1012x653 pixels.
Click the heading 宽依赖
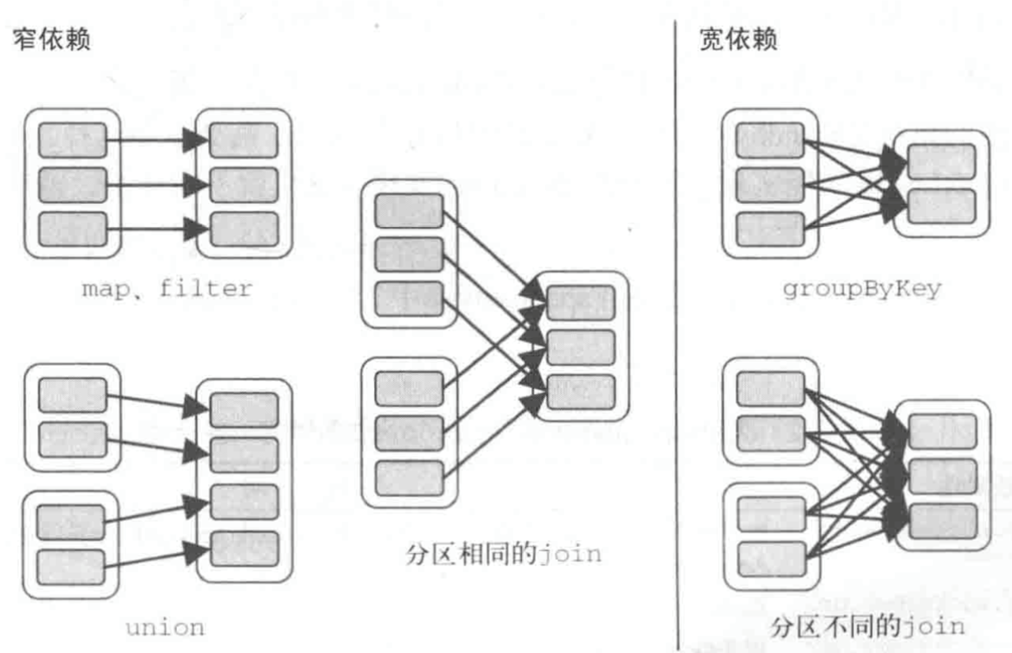tap(738, 40)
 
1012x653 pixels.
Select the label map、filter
tap(167, 289)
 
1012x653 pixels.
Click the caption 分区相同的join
tap(504, 553)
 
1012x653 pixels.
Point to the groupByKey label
tap(862, 289)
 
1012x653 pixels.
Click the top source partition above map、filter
tap(72, 141)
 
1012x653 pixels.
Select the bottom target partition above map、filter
tap(244, 229)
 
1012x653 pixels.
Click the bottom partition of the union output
tap(244, 548)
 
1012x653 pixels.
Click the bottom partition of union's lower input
tap(71, 567)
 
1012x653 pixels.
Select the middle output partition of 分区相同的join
tap(580, 347)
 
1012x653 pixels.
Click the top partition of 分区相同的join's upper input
tap(409, 210)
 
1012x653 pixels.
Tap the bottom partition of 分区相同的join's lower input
tap(409, 477)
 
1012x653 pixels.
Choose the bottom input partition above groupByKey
tap(770, 229)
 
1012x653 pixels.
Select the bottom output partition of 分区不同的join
tap(942, 521)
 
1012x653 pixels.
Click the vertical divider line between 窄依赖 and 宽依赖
tap(677, 332)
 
